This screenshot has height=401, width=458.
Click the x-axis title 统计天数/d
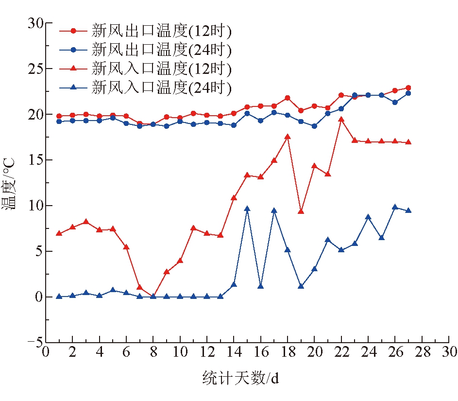click(240, 378)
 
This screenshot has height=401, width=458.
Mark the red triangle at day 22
click(341, 119)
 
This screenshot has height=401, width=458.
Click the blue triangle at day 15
click(247, 209)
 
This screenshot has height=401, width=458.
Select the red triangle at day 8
click(153, 296)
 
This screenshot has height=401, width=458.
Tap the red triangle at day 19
click(301, 211)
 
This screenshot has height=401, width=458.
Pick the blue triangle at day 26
click(395, 207)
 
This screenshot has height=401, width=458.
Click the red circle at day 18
click(288, 98)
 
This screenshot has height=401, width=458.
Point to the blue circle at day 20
click(314, 126)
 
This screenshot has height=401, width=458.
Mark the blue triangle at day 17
click(274, 210)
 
